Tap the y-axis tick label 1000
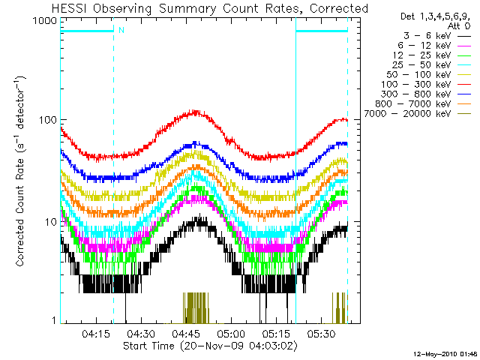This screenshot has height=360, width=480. [46, 21]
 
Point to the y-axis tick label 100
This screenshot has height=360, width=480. [49, 121]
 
